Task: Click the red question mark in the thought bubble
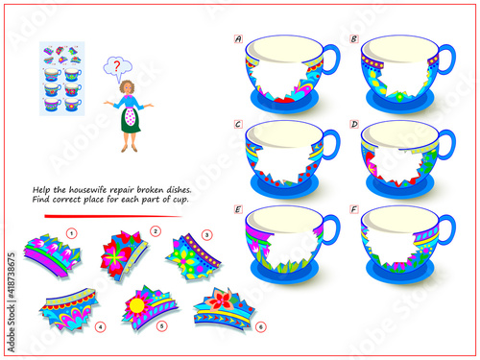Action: (117, 66)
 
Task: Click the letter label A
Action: (238, 39)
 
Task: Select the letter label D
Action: (354, 124)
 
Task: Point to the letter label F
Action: (354, 209)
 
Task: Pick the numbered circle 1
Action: (72, 233)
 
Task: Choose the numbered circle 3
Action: (206, 235)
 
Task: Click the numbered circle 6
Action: (261, 327)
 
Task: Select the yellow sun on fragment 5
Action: (137, 305)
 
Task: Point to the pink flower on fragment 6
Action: (221, 299)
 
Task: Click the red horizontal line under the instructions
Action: (113, 216)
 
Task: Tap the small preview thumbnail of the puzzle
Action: (62, 79)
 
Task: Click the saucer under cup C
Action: (284, 189)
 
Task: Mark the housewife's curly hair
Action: (127, 86)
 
